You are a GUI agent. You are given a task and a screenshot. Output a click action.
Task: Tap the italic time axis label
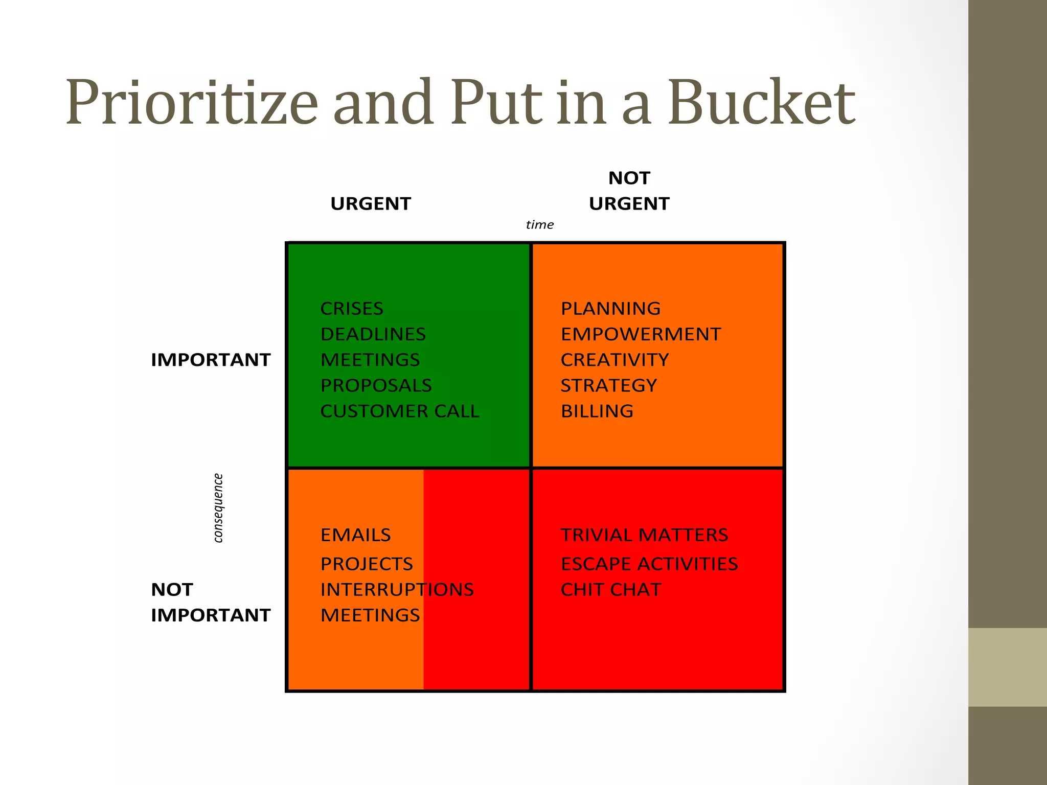539,225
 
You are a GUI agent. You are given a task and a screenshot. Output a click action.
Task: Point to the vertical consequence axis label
218,508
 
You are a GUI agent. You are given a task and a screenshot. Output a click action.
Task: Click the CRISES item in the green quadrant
352,309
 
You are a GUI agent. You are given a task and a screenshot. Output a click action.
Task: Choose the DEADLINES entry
373,334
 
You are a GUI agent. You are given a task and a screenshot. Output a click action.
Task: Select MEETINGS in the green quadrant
370,360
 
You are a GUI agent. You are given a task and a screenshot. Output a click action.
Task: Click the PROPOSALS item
376,385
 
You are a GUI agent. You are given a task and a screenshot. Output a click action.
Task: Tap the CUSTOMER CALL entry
400,411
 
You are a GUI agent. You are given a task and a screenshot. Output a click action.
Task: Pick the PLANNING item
610,309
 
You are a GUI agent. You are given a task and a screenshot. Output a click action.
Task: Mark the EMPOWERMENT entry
641,334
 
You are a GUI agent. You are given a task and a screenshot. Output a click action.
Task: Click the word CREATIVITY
614,360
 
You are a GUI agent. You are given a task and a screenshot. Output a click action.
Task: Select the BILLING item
597,411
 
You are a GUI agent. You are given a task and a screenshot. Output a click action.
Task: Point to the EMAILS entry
356,535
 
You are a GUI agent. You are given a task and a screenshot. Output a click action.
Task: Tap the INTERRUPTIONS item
397,590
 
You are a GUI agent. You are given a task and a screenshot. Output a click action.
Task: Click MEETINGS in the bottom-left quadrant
370,615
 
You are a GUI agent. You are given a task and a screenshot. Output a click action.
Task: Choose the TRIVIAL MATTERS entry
644,535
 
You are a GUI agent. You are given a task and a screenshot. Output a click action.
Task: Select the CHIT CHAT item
611,590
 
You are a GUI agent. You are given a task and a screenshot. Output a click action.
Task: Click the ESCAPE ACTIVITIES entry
649,564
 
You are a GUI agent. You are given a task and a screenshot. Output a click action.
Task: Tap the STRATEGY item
609,385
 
